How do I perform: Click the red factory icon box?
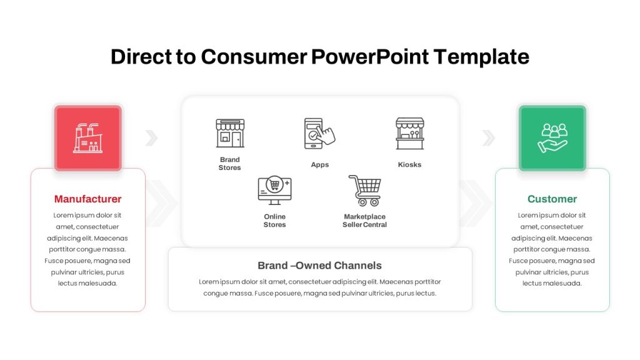pyautogui.click(x=88, y=137)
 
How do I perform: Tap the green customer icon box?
pyautogui.click(x=552, y=137)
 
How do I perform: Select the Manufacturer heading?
pyautogui.click(x=87, y=199)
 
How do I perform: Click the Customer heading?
pyautogui.click(x=552, y=199)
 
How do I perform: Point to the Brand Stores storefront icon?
pyautogui.click(x=230, y=133)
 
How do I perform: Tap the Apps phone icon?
pyautogui.click(x=319, y=134)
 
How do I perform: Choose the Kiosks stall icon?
pyautogui.click(x=410, y=134)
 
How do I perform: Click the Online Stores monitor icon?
pyautogui.click(x=275, y=191)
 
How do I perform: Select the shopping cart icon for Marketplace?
pyautogui.click(x=365, y=190)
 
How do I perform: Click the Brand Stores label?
pyautogui.click(x=230, y=164)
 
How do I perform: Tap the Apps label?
pyautogui.click(x=319, y=165)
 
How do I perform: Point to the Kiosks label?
pyautogui.click(x=409, y=164)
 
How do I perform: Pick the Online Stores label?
pyautogui.click(x=275, y=221)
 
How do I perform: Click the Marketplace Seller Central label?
pyautogui.click(x=364, y=221)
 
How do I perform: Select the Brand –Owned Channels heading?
pyautogui.click(x=319, y=266)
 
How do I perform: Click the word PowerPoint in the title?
pyautogui.click(x=370, y=57)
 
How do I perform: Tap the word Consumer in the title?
pyautogui.click(x=254, y=57)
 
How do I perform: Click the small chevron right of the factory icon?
pyautogui.click(x=151, y=138)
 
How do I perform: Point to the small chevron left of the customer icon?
pyautogui.click(x=489, y=138)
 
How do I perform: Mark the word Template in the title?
pyautogui.click(x=481, y=57)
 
